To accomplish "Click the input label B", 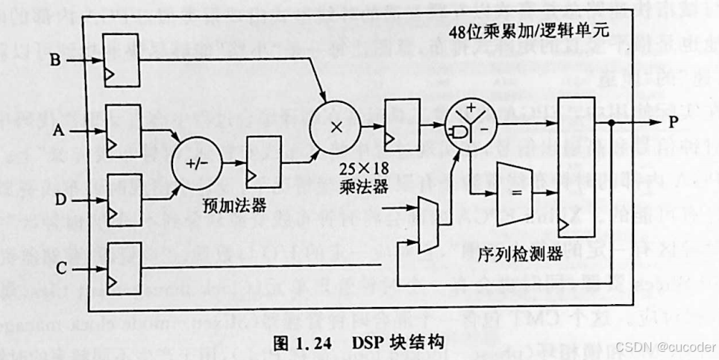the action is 55,60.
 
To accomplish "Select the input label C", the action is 57,267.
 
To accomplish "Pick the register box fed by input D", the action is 123,199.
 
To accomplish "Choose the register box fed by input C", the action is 123,265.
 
